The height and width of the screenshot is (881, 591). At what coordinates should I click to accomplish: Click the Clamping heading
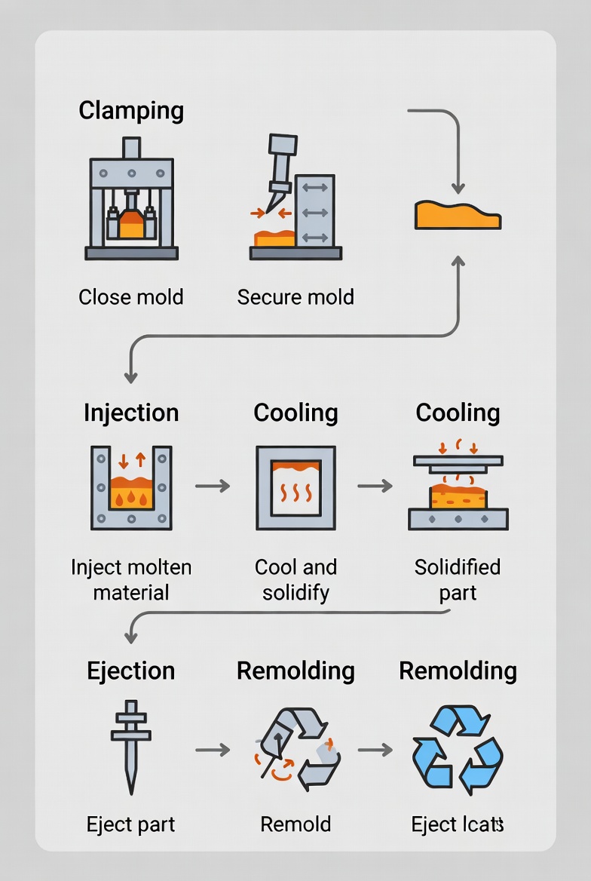131,111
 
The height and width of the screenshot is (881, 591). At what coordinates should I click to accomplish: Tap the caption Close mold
131,297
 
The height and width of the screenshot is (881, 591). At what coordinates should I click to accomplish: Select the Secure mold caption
295,297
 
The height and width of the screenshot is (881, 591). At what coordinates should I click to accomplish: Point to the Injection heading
131,413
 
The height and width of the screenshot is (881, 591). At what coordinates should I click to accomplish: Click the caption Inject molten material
131,579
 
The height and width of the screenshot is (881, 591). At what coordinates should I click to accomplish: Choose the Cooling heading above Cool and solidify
295,413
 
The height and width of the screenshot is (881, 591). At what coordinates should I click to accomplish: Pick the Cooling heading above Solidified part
458,413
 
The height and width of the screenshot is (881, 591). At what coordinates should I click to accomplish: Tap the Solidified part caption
458,579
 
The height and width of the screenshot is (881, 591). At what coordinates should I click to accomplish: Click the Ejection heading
131,671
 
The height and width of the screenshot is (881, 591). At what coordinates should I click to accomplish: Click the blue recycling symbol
458,750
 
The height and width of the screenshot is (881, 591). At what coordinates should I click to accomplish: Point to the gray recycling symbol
295,750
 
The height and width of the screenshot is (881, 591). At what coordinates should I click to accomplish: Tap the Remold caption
295,824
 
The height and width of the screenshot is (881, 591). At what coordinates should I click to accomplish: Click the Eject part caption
131,824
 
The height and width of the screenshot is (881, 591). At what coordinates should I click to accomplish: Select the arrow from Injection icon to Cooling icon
213,487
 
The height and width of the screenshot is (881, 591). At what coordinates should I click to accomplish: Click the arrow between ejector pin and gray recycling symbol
213,750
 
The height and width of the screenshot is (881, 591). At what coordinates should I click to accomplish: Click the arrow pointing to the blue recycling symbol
375,750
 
